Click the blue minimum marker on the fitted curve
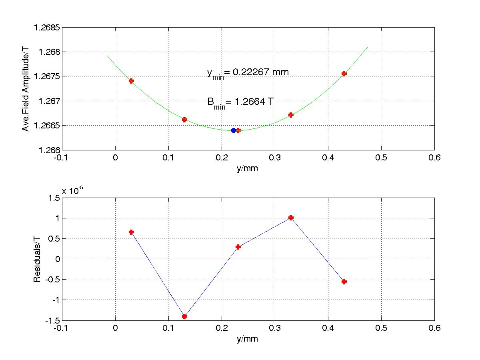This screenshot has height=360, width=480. [x=234, y=130]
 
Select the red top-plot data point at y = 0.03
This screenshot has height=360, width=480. [x=131, y=81]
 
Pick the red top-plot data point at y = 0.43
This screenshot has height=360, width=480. [x=344, y=74]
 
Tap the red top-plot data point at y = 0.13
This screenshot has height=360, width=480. [x=184, y=120]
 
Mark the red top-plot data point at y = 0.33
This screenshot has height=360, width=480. [x=291, y=115]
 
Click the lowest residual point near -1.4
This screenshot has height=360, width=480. [x=184, y=316]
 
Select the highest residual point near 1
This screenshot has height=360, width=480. [x=291, y=218]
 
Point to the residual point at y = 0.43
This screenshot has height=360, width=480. [x=344, y=282]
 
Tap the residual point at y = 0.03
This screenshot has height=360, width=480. [x=131, y=232]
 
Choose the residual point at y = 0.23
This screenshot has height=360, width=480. [x=238, y=247]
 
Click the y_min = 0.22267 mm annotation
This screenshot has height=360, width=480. [x=248, y=73]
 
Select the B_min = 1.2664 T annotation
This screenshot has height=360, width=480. [x=240, y=103]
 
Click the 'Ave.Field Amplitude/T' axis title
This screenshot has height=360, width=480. [x=26, y=89]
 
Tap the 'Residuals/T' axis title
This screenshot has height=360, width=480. [x=37, y=259]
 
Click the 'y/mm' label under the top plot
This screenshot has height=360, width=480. [x=248, y=168]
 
